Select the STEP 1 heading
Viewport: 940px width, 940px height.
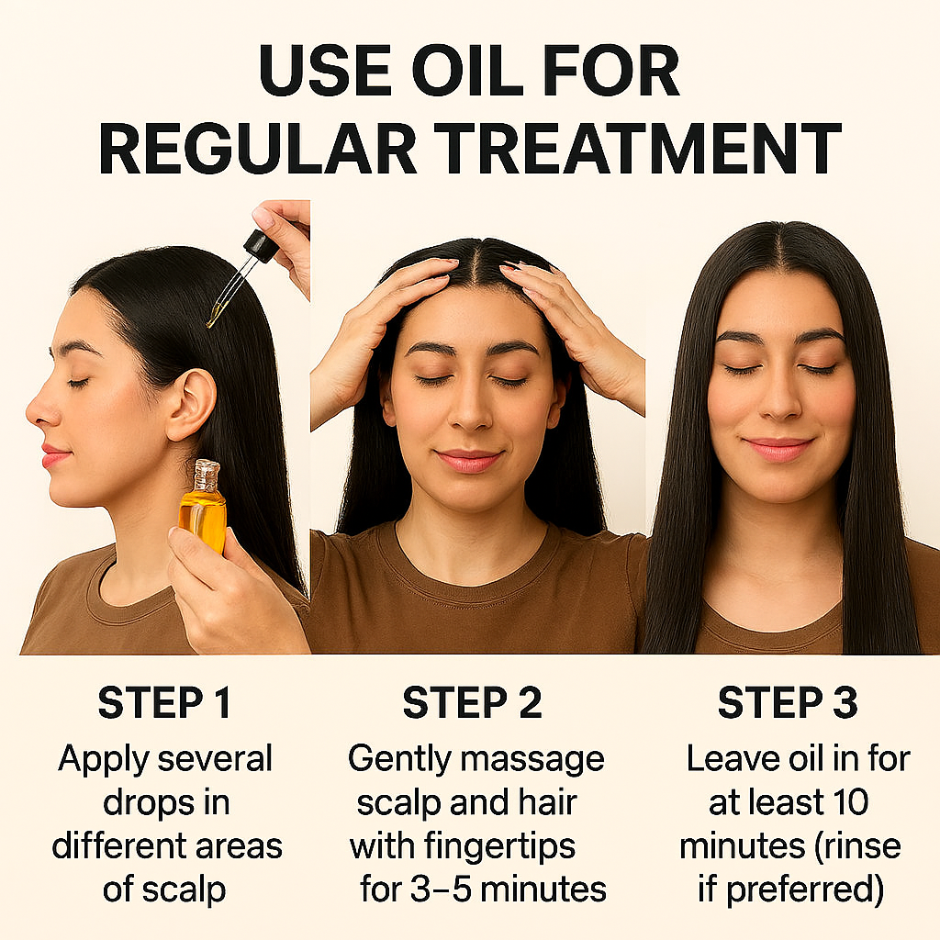[164, 703]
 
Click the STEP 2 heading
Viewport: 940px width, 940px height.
[472, 703]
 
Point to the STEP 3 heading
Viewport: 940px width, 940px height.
[787, 703]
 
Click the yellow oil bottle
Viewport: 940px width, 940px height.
[203, 510]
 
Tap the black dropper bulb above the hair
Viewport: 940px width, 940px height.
[261, 245]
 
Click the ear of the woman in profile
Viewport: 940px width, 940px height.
[190, 404]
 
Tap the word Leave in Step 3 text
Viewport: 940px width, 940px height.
[731, 759]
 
